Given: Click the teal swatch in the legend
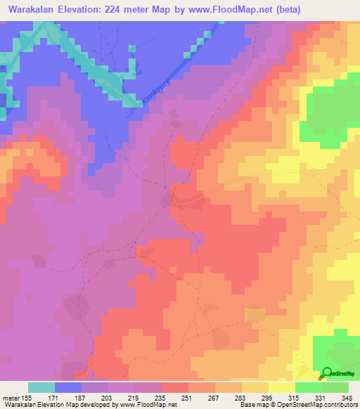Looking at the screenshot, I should pos(41,387).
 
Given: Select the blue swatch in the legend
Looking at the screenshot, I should pos(68,387).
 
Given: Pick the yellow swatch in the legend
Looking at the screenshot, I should pos(282,387).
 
